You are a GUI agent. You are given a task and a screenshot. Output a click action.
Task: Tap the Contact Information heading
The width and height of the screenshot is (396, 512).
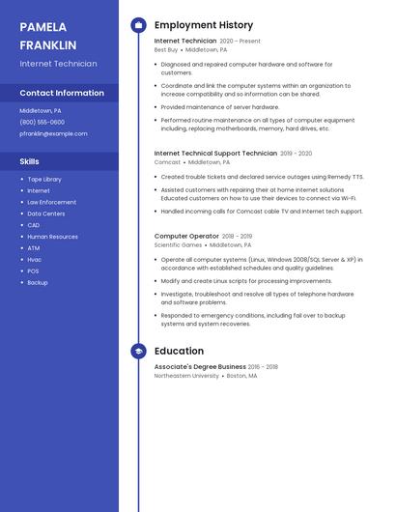tap(62, 93)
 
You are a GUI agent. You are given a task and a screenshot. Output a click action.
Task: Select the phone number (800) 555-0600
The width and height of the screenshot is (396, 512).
tap(42, 123)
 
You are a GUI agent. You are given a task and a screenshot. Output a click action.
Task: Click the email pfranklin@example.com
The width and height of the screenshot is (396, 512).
tap(53, 134)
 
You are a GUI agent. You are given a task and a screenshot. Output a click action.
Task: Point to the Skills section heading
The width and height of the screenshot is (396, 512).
tap(30, 161)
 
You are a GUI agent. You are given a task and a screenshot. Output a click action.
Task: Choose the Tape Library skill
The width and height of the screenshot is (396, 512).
tap(44, 179)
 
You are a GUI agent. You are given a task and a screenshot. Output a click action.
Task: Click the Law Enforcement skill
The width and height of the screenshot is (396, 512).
tap(51, 202)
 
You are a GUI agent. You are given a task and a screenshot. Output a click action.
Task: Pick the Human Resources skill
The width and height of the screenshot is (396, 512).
tap(52, 237)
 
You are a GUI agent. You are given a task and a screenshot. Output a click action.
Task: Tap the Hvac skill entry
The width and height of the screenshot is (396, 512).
tap(34, 260)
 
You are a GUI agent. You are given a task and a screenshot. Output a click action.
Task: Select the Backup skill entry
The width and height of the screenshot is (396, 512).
tap(37, 283)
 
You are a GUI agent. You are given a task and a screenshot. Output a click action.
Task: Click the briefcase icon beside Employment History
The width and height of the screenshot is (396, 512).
tap(138, 25)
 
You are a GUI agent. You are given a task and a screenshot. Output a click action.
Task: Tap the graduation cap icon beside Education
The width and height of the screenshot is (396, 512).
tap(138, 352)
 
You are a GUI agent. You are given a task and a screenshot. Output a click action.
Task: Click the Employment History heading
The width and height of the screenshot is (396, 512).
tap(203, 25)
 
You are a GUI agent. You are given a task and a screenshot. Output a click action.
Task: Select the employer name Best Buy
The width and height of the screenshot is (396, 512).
tap(166, 49)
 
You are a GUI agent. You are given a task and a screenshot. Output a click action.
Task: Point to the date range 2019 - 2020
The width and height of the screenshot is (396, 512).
tap(297, 153)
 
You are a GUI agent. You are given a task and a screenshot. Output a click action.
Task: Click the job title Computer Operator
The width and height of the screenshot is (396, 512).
tap(186, 236)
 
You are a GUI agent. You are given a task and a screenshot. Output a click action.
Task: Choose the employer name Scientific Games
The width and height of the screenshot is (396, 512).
tap(178, 244)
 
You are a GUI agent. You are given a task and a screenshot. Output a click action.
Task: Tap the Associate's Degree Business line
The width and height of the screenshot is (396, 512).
tap(200, 367)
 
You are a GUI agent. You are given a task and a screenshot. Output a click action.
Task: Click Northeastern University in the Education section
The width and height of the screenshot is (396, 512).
tap(186, 376)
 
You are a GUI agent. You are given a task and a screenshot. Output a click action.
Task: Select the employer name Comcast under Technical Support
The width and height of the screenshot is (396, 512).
tap(167, 162)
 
